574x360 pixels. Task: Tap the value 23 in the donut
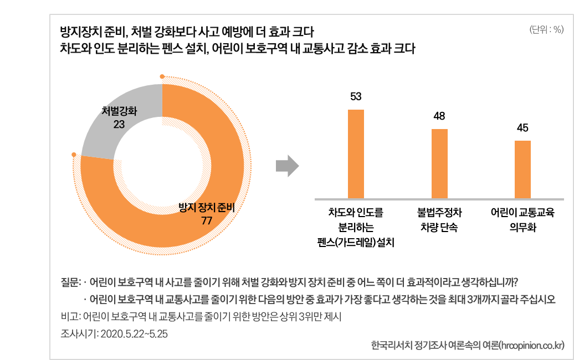[119, 125]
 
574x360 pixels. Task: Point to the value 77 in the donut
[207, 220]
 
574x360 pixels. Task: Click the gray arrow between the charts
[287, 166]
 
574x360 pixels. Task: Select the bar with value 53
[356, 154]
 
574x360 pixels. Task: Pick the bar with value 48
[439, 163]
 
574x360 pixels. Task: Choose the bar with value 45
[522, 169]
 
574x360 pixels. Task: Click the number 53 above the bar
[356, 97]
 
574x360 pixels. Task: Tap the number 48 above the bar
[439, 116]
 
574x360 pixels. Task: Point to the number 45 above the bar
[522, 128]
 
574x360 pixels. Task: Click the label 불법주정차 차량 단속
[439, 220]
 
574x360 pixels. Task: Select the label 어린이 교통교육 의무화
[522, 220]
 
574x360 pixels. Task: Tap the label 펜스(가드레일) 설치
[356, 243]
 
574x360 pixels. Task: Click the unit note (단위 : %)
[546, 30]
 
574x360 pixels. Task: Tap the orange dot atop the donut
[162, 76]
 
